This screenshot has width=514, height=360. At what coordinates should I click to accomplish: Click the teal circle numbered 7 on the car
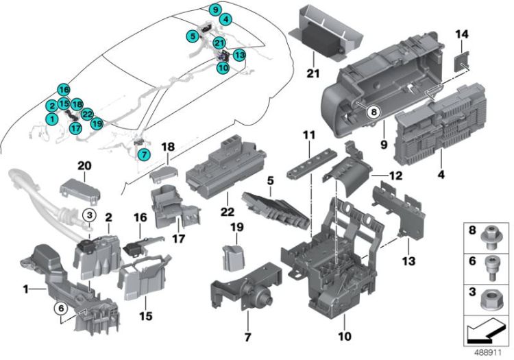point(144,154)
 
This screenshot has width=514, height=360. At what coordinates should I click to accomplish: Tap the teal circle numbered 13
point(240,55)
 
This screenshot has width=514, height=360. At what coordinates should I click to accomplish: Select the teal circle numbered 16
point(64,90)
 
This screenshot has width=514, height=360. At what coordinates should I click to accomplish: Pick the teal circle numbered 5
point(193,36)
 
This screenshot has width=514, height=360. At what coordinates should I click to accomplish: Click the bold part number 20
point(84,166)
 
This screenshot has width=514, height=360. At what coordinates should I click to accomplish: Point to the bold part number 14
point(462,34)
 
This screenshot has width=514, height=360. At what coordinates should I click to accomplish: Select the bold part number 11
point(309,135)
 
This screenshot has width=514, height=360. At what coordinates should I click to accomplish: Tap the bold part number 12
point(395,176)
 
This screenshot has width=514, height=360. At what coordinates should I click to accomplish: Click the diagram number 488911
point(488,352)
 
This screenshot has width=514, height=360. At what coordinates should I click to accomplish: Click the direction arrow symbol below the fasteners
point(485,331)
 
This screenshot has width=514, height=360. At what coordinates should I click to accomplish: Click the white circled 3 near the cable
point(89,215)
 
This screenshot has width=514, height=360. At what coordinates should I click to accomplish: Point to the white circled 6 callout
point(61,308)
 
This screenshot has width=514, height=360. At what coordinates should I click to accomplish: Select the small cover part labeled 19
point(233,258)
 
